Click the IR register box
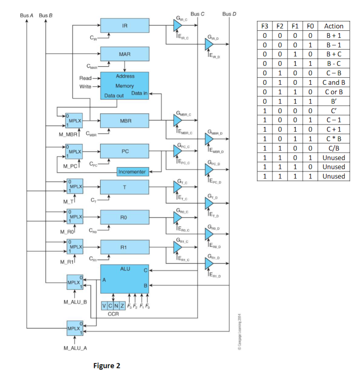125,25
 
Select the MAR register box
125,53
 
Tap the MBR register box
125,121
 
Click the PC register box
125,151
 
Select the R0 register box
125,217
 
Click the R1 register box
125,247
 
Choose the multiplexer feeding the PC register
75,151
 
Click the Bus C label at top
197,14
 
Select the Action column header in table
333,26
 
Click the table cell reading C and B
333,83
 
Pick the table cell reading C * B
333,139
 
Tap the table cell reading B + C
333,54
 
